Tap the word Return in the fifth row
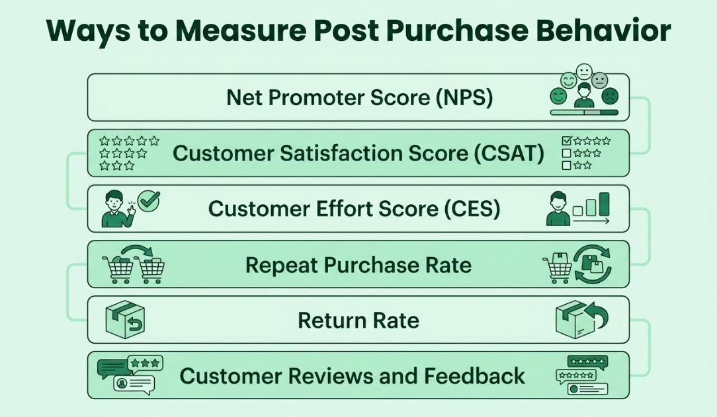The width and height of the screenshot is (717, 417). [x=329, y=321]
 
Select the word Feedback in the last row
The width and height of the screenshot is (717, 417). [x=474, y=376]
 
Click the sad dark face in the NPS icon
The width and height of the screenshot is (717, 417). [x=610, y=97]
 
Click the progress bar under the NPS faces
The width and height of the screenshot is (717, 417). [x=584, y=113]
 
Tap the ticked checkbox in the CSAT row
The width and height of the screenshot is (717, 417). [x=566, y=141]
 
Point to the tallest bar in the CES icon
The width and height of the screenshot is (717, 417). [x=604, y=205]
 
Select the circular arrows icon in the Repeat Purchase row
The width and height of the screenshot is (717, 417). [x=592, y=265]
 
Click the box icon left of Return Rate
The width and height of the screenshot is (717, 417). [x=125, y=321]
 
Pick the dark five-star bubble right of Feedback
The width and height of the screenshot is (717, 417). [x=587, y=362]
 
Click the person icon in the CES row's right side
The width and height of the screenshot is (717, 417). [x=558, y=209]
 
